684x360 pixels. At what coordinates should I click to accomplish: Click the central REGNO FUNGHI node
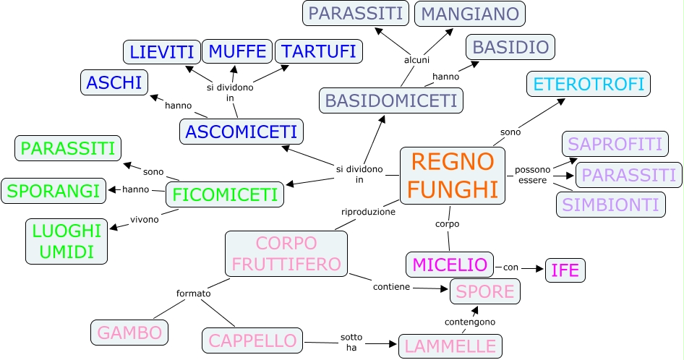tap(453, 176)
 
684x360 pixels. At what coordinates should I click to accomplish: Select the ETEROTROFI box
tap(588, 84)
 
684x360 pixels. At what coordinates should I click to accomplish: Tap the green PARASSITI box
tap(68, 148)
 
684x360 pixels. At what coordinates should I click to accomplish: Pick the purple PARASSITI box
tap(629, 174)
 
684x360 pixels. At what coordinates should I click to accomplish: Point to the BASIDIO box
tap(510, 48)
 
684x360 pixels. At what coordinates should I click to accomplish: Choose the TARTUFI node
tap(318, 51)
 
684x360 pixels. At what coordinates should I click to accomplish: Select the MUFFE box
tap(238, 51)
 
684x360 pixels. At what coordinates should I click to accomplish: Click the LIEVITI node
tap(161, 52)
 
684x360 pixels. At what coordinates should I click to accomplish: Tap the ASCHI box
tap(114, 82)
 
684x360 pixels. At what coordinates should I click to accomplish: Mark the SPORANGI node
tap(54, 191)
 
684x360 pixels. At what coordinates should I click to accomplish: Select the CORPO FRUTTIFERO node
tap(286, 253)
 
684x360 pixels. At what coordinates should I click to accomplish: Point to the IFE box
tap(565, 270)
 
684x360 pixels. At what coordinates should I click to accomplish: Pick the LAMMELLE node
tap(450, 345)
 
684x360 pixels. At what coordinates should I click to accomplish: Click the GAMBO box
tap(129, 333)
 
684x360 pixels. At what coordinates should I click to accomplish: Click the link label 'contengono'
tap(469, 321)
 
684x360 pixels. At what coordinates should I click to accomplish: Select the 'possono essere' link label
tap(532, 174)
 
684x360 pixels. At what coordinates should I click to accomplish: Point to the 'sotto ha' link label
tap(351, 342)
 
